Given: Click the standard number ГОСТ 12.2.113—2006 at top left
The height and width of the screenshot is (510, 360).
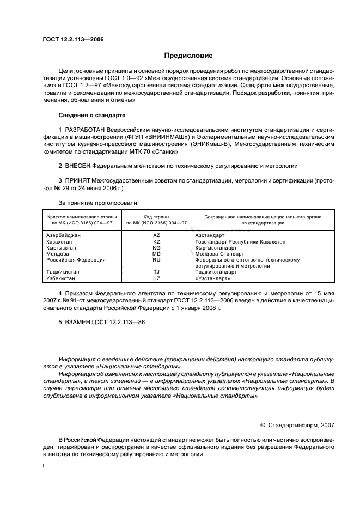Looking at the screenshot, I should pyautogui.click(x=73, y=40).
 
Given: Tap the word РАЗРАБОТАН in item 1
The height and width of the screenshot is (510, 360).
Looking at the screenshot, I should pyautogui.click(x=86, y=129).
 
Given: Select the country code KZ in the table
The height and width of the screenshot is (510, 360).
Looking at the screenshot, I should pyautogui.click(x=156, y=241).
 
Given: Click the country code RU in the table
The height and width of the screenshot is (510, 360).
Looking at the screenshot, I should pyautogui.click(x=156, y=260).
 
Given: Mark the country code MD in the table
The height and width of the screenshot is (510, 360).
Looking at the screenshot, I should pyautogui.click(x=156, y=254).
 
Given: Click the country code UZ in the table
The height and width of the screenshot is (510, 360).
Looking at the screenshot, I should pyautogui.click(x=156, y=278).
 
